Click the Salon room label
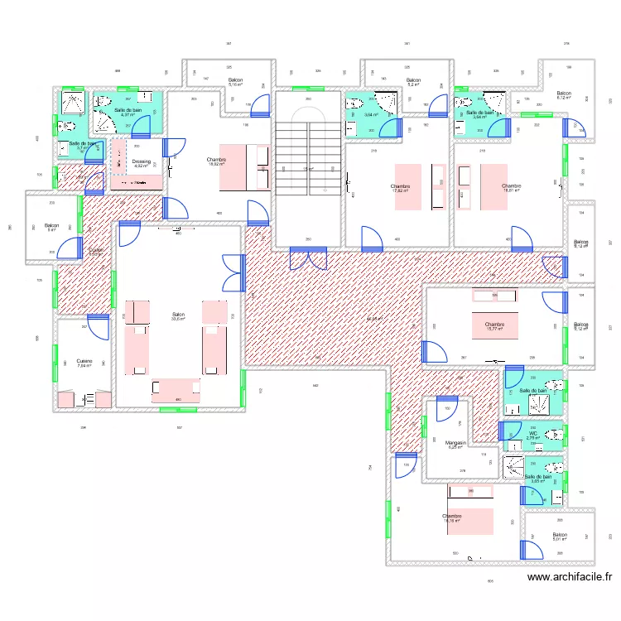click(177, 316)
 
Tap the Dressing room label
click(141, 163)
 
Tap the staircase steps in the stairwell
click(307, 156)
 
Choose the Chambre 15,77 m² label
click(495, 326)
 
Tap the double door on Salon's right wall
click(233, 273)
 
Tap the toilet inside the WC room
click(555, 432)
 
